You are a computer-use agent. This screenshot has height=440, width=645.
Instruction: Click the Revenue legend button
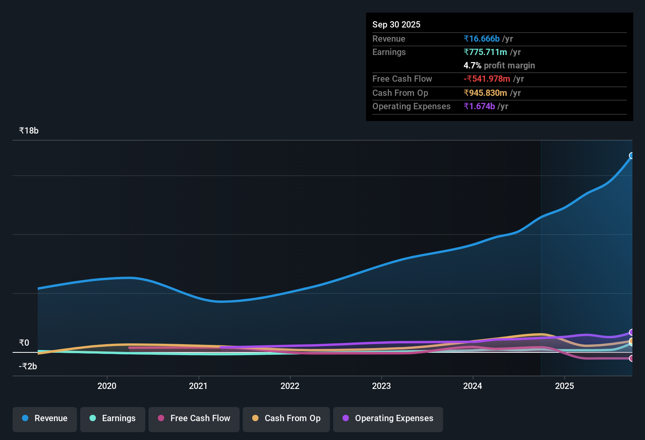pos(45,418)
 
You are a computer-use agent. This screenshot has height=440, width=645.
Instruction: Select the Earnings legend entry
pos(113,418)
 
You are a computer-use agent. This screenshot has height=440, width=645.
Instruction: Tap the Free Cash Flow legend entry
pos(194,418)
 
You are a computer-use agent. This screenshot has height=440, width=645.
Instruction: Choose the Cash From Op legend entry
pos(286,418)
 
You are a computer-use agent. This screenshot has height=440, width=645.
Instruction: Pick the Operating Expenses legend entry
pos(388,418)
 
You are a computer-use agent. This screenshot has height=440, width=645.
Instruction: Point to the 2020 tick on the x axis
pos(107,386)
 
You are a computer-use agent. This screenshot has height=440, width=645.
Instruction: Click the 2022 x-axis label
pos(290,386)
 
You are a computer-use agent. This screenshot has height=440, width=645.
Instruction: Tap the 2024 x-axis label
pos(473,386)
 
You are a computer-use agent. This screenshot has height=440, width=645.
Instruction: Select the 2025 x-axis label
pos(564,386)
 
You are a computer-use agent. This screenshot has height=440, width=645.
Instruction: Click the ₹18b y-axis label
pos(29,131)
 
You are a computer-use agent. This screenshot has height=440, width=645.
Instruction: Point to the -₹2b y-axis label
pos(28,367)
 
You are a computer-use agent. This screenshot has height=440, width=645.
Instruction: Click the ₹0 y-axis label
pos(24,343)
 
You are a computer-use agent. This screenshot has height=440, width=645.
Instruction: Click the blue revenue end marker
pos(632,156)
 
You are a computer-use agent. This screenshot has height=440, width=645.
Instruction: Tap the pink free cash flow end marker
pos(632,358)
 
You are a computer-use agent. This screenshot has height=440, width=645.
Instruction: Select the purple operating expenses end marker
pos(632,332)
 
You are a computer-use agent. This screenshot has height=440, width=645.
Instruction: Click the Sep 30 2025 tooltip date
pos(396,24)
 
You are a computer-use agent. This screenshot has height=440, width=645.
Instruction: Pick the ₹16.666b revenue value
pos(482,38)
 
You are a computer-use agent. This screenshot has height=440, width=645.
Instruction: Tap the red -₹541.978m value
pos(487,79)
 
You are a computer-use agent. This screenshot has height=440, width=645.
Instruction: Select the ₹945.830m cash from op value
pos(485,93)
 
